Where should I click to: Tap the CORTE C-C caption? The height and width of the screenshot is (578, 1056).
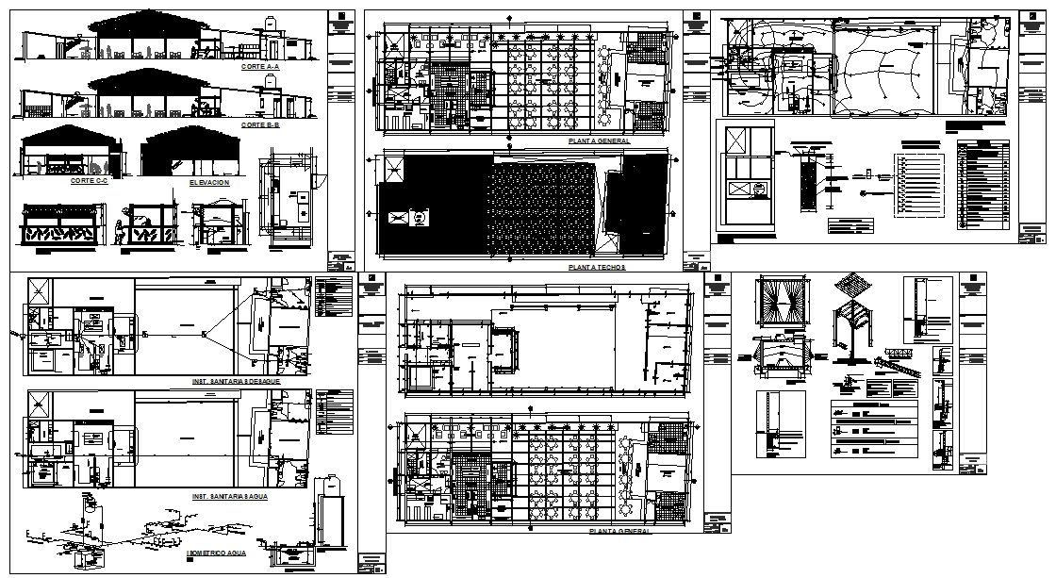pyautogui.click(x=89, y=179)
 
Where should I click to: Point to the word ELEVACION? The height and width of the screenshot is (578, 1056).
pyautogui.click(x=208, y=182)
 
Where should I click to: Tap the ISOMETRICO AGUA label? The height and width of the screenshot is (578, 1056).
pyautogui.click(x=217, y=553)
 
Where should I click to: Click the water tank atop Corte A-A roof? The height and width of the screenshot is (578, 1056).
pyautogui.click(x=271, y=23)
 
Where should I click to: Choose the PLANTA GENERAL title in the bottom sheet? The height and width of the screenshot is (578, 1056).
pyautogui.click(x=619, y=531)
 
